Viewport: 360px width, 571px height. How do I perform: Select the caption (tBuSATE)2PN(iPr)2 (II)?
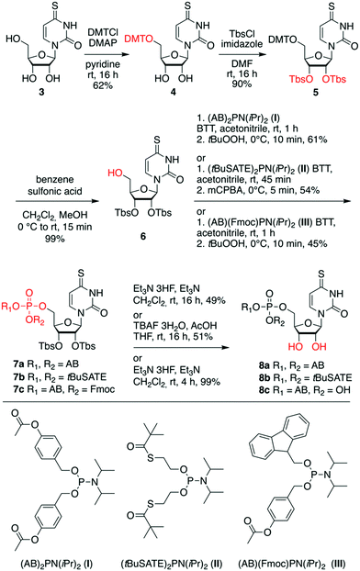tap(177, 558)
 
